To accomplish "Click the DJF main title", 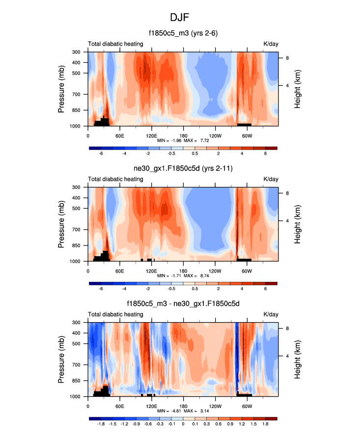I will (x=180, y=18).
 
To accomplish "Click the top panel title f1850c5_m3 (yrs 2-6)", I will (x=183, y=34).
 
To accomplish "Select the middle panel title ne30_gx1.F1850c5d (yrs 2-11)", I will (x=183, y=169).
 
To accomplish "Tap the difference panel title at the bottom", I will (x=183, y=304).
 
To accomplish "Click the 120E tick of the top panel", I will (x=151, y=136).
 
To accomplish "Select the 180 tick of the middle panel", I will (x=183, y=271).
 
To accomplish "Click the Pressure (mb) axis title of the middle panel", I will (x=62, y=224).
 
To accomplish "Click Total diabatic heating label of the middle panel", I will (x=116, y=179).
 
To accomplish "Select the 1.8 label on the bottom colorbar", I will (x=265, y=424).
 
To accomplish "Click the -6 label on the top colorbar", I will (x=101, y=153).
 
